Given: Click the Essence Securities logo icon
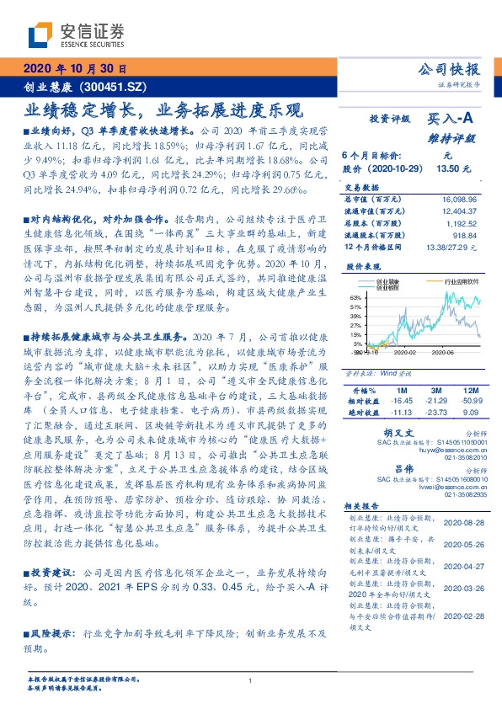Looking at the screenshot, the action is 40,35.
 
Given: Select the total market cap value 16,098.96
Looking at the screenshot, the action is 457,197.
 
